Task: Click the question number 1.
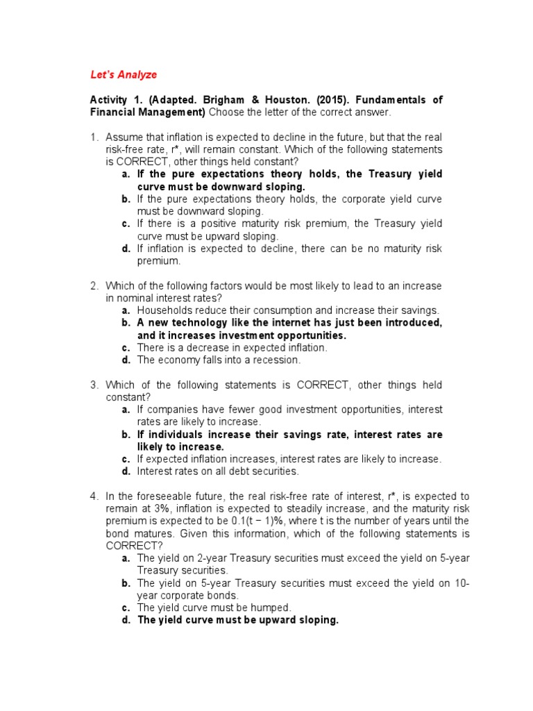pyautogui.click(x=94, y=137)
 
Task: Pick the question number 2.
pyautogui.click(x=94, y=286)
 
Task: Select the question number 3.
pyautogui.click(x=94, y=385)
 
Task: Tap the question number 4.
pyautogui.click(x=94, y=496)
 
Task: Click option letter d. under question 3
pyautogui.click(x=126, y=471)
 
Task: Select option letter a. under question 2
pyautogui.click(x=126, y=311)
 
